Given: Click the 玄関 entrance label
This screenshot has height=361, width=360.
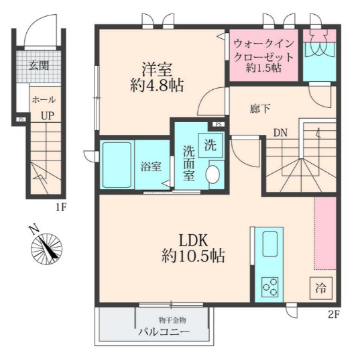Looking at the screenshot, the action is point(39,66).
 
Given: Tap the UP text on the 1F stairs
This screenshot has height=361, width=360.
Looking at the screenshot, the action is point(48,115).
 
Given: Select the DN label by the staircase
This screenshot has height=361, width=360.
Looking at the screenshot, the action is point(280,133).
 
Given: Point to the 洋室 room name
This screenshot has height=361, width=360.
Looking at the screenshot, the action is point(157,69).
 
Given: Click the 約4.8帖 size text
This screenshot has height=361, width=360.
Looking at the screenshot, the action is point(157,85).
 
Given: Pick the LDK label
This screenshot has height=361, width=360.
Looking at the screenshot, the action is point(194,240).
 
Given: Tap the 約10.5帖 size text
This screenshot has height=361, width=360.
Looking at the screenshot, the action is point(193,256).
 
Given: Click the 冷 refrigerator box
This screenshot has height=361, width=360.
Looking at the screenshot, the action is point(320,289).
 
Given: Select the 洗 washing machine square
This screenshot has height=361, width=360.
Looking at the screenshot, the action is point(211,146).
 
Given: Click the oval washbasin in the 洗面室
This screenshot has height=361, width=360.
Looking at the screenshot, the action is point(213,174).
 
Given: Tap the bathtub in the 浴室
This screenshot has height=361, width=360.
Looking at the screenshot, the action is point(117,165).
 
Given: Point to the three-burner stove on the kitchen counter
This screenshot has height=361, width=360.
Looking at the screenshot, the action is point(270,287).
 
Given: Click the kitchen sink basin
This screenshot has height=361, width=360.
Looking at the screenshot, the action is point(269,244).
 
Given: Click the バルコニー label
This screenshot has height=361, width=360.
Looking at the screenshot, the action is point(164,332).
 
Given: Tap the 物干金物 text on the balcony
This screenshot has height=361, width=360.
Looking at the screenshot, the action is point(172,320).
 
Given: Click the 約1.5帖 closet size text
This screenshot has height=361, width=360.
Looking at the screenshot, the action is point(263,68).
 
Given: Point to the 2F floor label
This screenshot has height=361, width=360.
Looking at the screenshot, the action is point(334,315).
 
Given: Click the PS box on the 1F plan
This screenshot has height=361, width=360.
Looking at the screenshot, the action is point(21,119).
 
